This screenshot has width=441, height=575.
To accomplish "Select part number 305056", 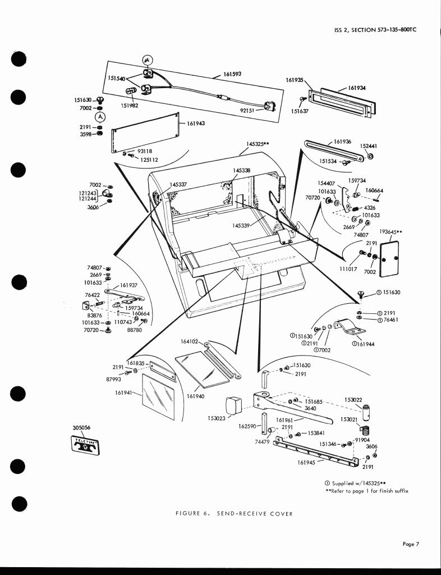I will tap(82, 427).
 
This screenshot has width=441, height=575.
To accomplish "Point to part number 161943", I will tap(195, 124).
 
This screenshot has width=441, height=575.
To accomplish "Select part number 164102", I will tap(190, 341).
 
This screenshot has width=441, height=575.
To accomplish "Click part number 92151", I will tap(248, 111).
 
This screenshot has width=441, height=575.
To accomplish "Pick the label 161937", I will tap(128, 285).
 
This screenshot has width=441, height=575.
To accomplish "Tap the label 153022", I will tap(353, 399).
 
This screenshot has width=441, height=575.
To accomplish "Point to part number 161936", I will tap(342, 142).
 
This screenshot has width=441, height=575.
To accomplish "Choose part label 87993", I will tap(114, 380).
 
